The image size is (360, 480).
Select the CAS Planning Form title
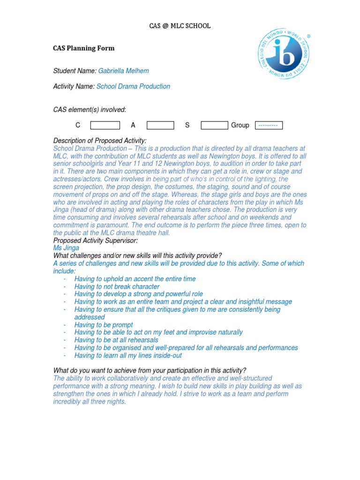pos(84,48)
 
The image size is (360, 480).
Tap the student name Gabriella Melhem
pos(123,71)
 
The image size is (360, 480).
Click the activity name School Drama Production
pos(133,86)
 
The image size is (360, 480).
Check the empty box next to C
pos(105,125)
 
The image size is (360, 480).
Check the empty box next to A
pos(160,125)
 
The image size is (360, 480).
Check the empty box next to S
pos(214,125)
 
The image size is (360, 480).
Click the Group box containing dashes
pos(269,125)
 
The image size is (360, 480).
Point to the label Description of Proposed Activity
pos(100,141)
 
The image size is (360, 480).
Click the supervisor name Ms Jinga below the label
pos(66,248)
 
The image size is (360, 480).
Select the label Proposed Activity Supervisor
pos(96,240)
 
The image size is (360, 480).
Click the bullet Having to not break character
pos(117,286)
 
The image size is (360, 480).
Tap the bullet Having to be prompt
pos(104,325)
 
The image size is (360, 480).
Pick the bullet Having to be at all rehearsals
pos(116,340)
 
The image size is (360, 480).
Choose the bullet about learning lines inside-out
pos(128,355)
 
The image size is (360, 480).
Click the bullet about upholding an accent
pos(135,279)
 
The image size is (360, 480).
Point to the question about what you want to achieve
pos(150,370)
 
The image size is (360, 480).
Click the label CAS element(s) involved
pos(90,110)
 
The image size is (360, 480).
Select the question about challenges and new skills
pos(138,255)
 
